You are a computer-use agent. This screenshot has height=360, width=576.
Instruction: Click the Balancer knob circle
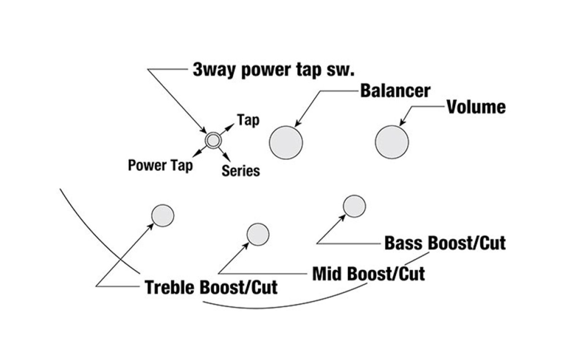point(286,143)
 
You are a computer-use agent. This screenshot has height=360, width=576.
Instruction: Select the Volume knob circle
point(392,142)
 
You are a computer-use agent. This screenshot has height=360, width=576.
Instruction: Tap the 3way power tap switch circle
point(213,140)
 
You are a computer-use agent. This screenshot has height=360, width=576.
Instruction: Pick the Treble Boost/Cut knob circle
point(163,216)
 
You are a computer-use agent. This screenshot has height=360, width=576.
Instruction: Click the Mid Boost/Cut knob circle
point(258,234)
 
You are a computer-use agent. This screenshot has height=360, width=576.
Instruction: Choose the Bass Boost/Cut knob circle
point(354,206)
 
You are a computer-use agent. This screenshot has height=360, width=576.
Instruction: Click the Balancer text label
point(395,91)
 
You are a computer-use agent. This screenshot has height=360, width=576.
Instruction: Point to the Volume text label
point(476,107)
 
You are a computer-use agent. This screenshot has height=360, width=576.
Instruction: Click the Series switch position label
point(240,171)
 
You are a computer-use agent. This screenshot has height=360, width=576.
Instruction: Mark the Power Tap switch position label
point(160,165)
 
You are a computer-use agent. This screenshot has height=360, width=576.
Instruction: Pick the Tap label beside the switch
point(248,120)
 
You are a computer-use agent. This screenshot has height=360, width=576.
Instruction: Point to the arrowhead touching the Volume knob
point(402,122)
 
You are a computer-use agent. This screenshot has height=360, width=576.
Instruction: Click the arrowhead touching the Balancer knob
point(298,123)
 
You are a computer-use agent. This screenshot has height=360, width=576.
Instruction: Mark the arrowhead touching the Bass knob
point(342,218)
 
